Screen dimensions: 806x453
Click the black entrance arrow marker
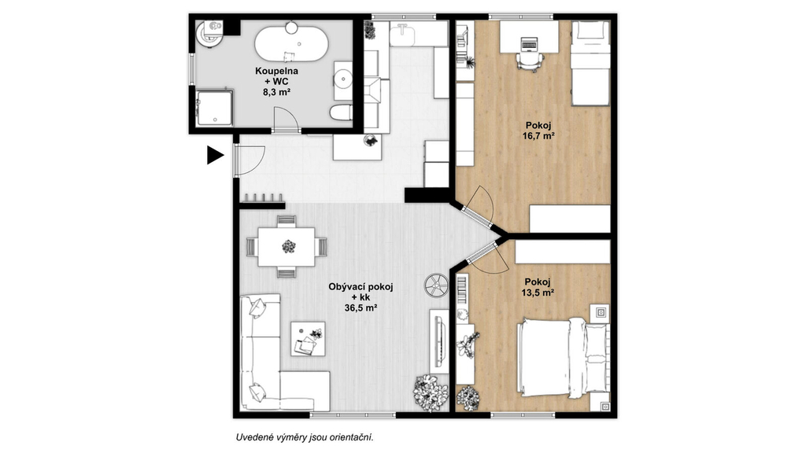214,155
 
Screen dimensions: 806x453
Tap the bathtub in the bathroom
291,44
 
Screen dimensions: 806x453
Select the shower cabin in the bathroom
215,109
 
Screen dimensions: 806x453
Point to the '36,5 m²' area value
360,308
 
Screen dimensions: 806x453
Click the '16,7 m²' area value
538,136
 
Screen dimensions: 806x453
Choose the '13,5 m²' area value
538,293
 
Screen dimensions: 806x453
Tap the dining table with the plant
287,247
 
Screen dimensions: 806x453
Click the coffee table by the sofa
308,339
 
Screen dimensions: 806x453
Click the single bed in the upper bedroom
590,63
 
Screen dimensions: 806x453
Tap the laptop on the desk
529,44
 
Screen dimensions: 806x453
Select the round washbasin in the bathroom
343,80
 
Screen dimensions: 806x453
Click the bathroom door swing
286,119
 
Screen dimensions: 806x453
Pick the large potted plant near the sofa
431,393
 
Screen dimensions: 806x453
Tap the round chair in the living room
437,285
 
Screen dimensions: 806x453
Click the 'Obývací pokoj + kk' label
360,292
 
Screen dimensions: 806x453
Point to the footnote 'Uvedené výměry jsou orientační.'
305,437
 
